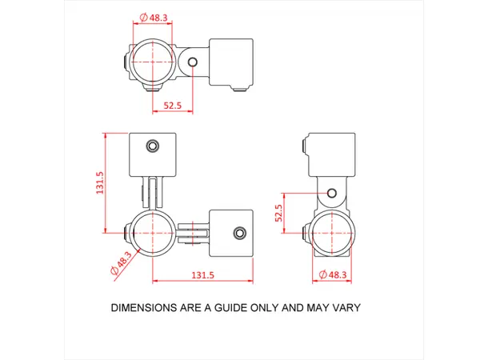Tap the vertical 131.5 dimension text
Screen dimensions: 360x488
pyautogui.click(x=100, y=182)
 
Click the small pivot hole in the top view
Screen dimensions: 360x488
pyautogui.click(x=193, y=62)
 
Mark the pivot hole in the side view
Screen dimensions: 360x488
pyautogui.click(x=329, y=193)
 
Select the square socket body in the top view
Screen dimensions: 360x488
pyautogui.click(x=230, y=62)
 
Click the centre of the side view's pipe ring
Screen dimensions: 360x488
pyautogui.click(x=329, y=233)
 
